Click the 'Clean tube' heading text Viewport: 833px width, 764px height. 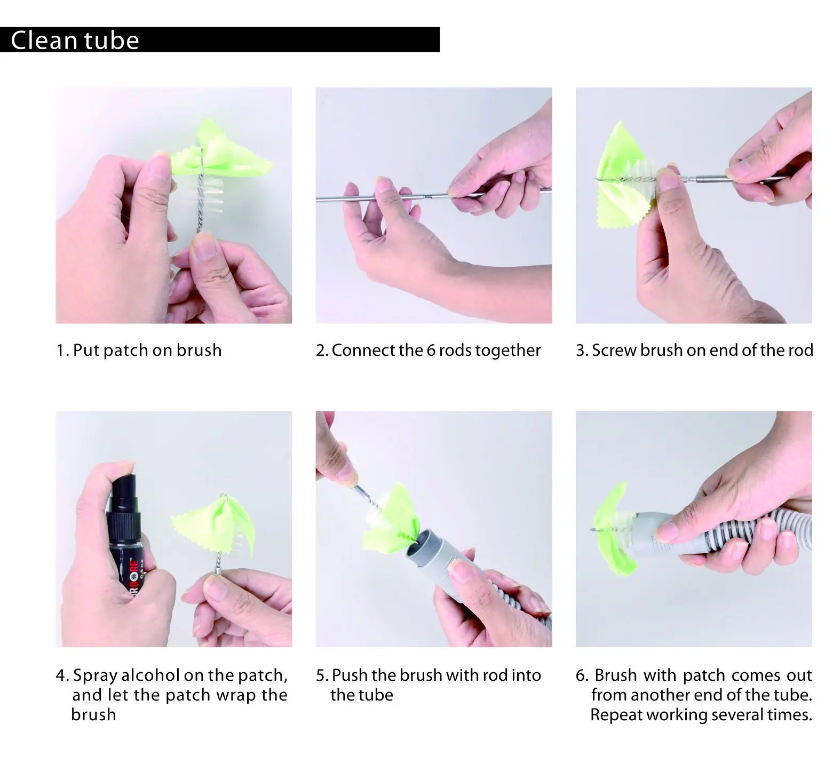(x=75, y=40)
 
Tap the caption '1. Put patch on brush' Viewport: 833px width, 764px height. (x=139, y=350)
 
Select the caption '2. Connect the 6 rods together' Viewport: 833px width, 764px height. (x=428, y=350)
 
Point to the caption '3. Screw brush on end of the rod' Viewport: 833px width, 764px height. (x=694, y=350)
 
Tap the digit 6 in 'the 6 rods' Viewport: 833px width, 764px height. (x=432, y=351)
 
